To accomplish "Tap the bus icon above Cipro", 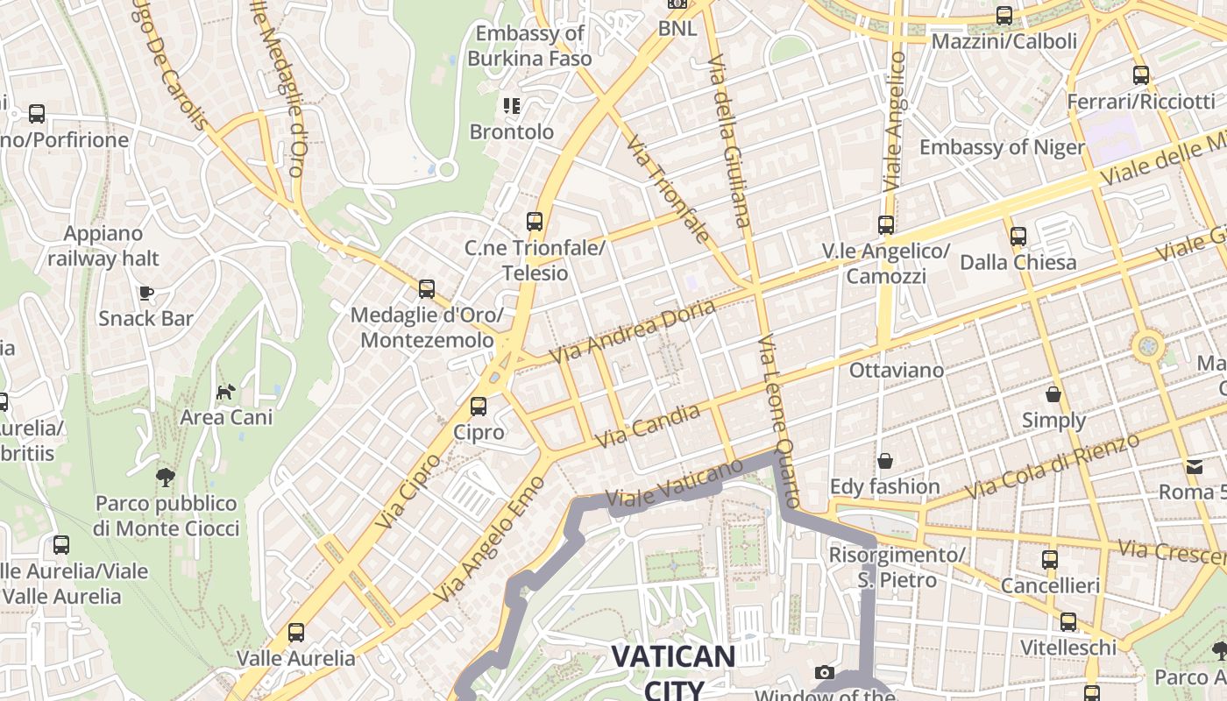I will coord(479,407).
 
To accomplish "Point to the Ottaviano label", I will coord(896,370).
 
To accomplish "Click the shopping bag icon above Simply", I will coord(1053,395).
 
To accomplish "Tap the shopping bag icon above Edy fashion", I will coord(885,461).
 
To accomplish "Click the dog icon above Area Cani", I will coord(226,391).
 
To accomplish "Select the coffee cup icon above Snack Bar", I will coord(145,293).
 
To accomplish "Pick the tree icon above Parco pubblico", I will coord(165,478).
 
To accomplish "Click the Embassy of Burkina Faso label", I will coord(529,46).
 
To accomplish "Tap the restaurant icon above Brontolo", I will coord(512,107).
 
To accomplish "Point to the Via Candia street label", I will coord(648,426).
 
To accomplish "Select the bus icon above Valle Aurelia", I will coord(296,633).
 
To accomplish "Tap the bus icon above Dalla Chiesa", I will coord(1018,236).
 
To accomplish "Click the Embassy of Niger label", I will coord(1002,146).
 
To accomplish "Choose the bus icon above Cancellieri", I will coord(1049,560).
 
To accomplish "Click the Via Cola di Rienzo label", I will coord(1052,466).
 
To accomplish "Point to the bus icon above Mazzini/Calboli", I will coord(1004,16).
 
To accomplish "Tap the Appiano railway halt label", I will coord(103,246).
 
